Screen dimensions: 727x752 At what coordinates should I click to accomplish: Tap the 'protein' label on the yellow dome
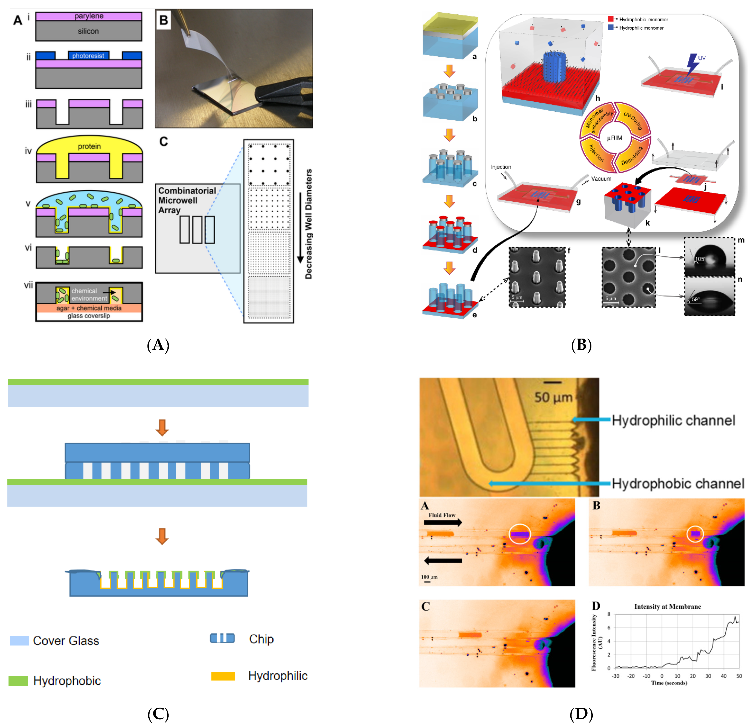tap(89, 146)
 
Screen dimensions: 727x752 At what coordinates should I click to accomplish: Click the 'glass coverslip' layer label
tap(89, 316)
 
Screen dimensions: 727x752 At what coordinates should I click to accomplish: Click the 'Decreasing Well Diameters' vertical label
tap(308, 224)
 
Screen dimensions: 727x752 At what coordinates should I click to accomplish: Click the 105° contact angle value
tap(700, 259)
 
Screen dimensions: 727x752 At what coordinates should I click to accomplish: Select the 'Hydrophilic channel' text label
tap(673, 420)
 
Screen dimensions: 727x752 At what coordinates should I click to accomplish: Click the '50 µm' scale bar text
tap(553, 397)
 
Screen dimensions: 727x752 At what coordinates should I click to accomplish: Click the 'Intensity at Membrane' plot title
tap(668, 606)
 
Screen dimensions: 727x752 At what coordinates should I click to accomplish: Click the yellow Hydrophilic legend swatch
tap(223, 676)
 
